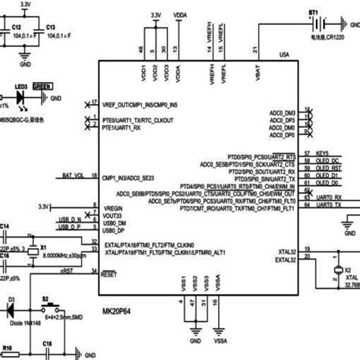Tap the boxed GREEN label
(x=43, y=87)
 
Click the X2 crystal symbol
(x=338, y=270)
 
